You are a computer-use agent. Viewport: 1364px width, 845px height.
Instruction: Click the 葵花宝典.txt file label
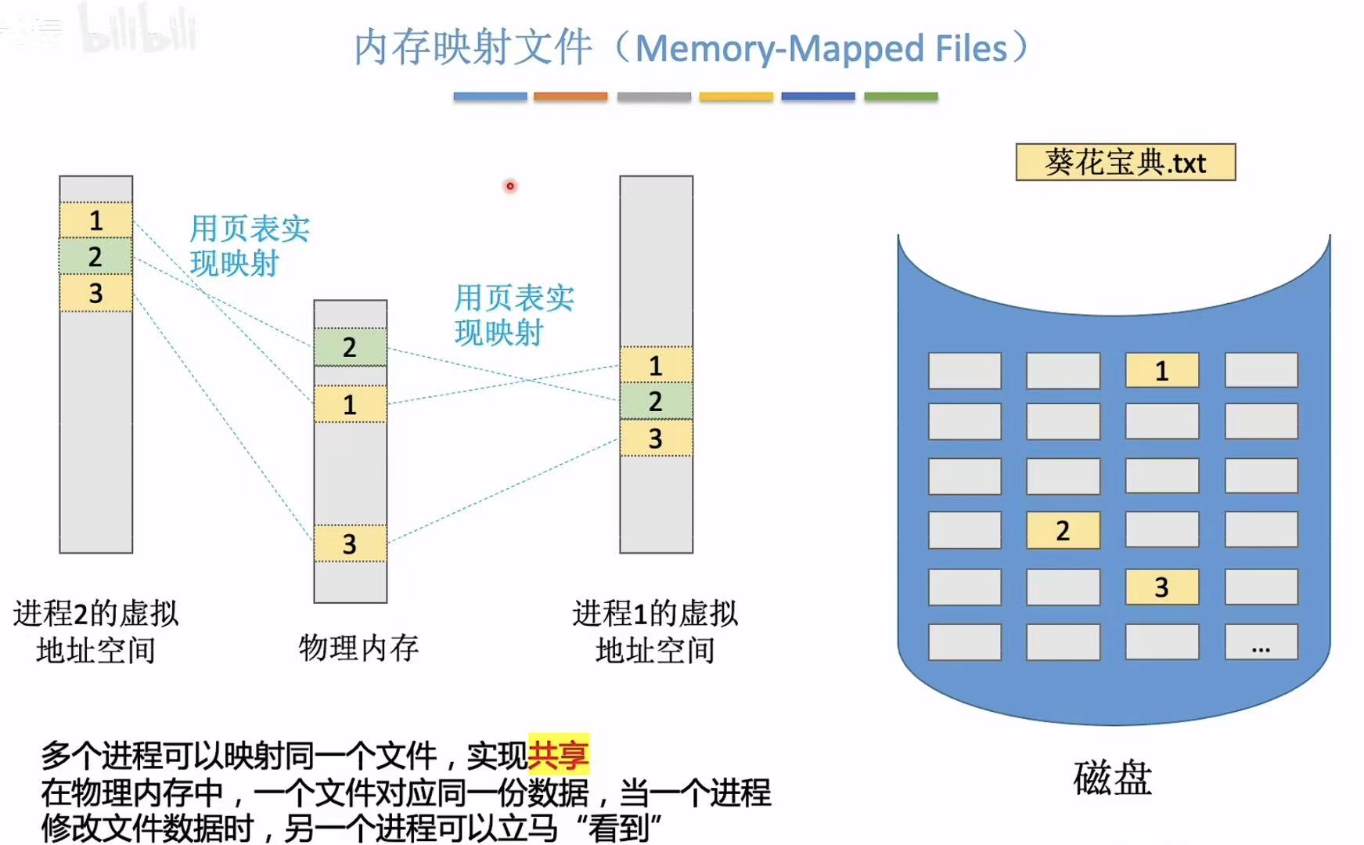pos(1125,162)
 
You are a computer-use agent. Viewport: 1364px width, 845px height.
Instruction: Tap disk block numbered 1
pos(1161,370)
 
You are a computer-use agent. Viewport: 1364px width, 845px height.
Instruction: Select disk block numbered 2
pos(1062,530)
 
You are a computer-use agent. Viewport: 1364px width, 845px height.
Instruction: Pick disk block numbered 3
pos(1161,587)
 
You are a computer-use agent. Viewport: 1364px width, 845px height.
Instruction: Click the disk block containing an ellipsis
pos(1261,642)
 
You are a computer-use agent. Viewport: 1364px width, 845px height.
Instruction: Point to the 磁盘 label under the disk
pos(1112,778)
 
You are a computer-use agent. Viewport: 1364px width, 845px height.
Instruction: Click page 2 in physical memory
pos(350,347)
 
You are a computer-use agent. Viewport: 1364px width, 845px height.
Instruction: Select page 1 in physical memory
pos(350,404)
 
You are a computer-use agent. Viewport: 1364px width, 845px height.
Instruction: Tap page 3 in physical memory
pos(350,543)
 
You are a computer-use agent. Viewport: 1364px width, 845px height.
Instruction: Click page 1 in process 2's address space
pos(95,221)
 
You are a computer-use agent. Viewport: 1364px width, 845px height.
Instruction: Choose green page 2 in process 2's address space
pos(95,256)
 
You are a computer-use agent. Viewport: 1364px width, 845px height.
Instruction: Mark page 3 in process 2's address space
pos(95,293)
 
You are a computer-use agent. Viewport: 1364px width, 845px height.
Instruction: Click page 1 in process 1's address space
pos(656,365)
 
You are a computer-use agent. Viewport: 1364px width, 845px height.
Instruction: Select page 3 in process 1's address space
pos(656,439)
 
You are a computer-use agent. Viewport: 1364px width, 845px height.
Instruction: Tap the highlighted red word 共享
pos(558,755)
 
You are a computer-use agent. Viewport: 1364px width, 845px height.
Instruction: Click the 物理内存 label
pos(358,648)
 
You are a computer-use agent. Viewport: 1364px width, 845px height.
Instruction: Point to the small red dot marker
pos(510,186)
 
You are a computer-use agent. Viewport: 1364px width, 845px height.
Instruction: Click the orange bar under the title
pos(570,96)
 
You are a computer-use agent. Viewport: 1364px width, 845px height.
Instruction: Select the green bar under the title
pos(901,96)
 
